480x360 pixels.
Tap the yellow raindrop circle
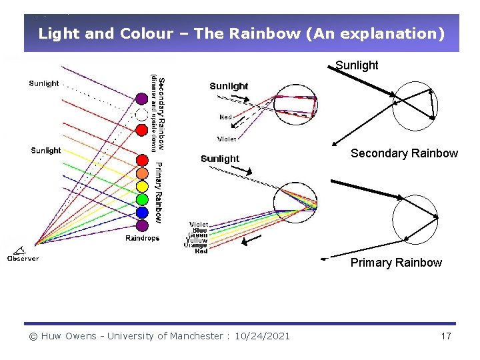click(x=142, y=186)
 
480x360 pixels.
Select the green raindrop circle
click(x=142, y=199)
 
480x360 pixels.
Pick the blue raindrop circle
click(x=142, y=213)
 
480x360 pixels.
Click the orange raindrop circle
click(x=142, y=173)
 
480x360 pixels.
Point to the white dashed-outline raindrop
click(x=141, y=114)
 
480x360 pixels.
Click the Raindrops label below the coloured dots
click(x=143, y=239)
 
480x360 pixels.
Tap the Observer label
click(x=23, y=259)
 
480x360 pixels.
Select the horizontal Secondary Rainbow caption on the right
click(x=404, y=153)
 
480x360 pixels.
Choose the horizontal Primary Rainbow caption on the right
click(x=396, y=263)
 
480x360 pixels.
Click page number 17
click(x=446, y=336)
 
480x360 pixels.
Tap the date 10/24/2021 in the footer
click(x=263, y=336)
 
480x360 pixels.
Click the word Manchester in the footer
click(x=191, y=336)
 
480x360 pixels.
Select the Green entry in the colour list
click(x=197, y=235)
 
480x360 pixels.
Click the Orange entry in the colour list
click(x=195, y=245)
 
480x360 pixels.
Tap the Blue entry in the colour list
click(x=200, y=229)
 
